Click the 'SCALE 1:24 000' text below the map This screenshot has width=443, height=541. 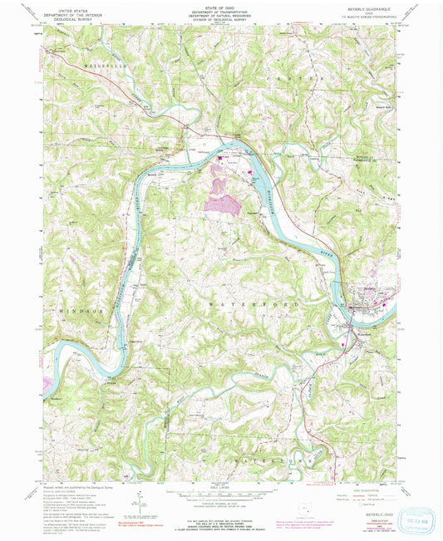point(221,485)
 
